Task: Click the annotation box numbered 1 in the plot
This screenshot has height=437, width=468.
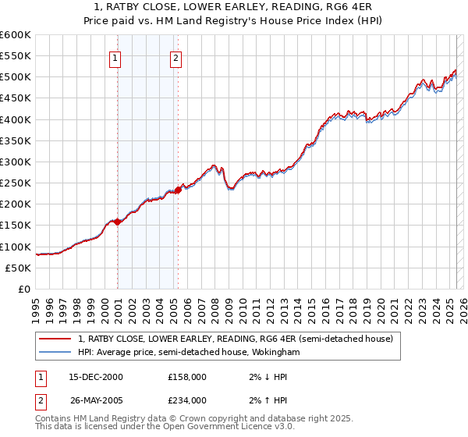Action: (115, 58)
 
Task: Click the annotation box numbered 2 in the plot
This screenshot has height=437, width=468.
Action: (176, 58)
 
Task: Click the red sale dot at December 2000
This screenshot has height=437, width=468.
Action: (118, 222)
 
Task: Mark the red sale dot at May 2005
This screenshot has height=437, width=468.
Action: (179, 190)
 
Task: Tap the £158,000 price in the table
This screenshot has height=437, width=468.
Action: (188, 377)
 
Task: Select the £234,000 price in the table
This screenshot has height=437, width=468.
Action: (188, 400)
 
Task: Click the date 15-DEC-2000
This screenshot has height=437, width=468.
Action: (96, 377)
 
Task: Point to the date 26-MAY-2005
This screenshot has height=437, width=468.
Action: (96, 400)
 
